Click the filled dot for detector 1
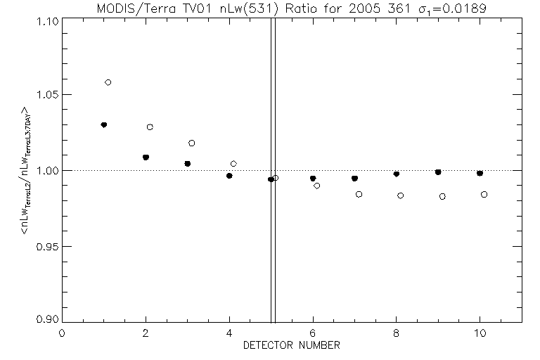tap(104, 124)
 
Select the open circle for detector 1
tap(108, 82)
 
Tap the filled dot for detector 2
tap(146, 157)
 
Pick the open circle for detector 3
tap(192, 143)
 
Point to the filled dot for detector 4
tap(229, 175)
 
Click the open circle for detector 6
tap(317, 186)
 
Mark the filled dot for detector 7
tap(354, 178)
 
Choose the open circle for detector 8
tap(401, 195)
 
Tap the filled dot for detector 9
tap(438, 172)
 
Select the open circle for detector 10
tap(484, 194)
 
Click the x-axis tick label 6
tap(313, 333)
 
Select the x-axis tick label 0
tap(62, 333)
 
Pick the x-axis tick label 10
tap(480, 333)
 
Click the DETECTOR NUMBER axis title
tap(292, 345)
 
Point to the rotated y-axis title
tap(25, 169)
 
